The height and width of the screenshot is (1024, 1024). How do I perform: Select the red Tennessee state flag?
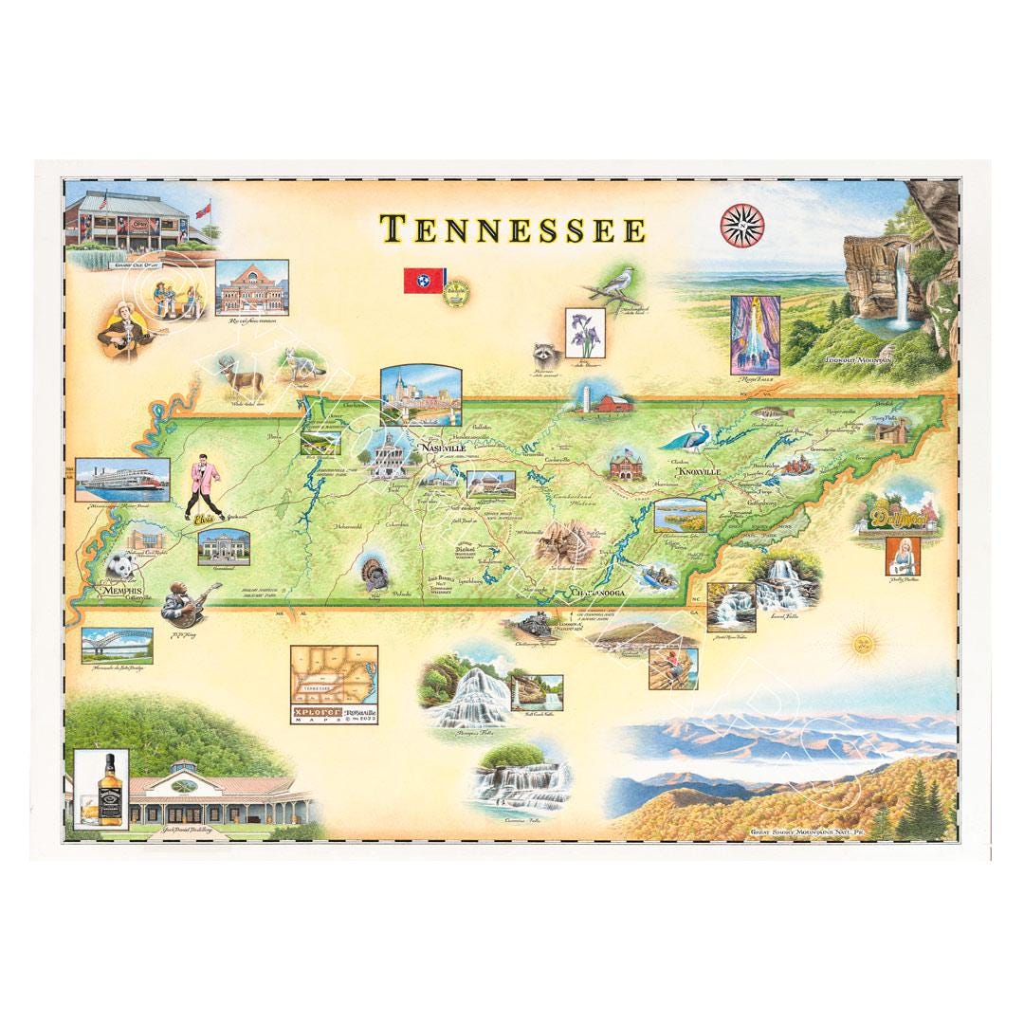pos(422,280)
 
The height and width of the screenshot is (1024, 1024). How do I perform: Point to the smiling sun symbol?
pos(862,644)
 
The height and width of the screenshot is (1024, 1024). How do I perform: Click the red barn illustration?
pos(608,401)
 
